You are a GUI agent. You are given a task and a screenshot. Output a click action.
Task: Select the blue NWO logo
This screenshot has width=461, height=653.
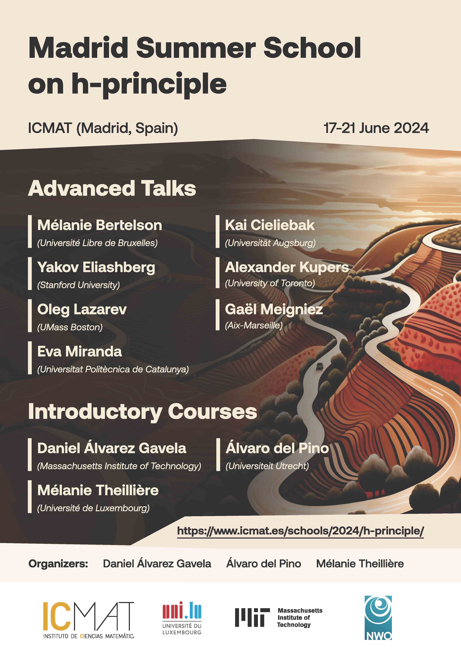pyautogui.click(x=378, y=618)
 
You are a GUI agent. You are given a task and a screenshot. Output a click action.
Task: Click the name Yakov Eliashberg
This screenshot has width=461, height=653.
pyautogui.click(x=96, y=268)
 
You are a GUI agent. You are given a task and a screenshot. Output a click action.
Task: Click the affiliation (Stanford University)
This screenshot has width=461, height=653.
pyautogui.click(x=78, y=285)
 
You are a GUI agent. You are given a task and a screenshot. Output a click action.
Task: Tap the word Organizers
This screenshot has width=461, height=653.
pyautogui.click(x=58, y=564)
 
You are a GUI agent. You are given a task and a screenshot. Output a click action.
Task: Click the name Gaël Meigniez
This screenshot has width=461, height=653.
pyautogui.click(x=274, y=309)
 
